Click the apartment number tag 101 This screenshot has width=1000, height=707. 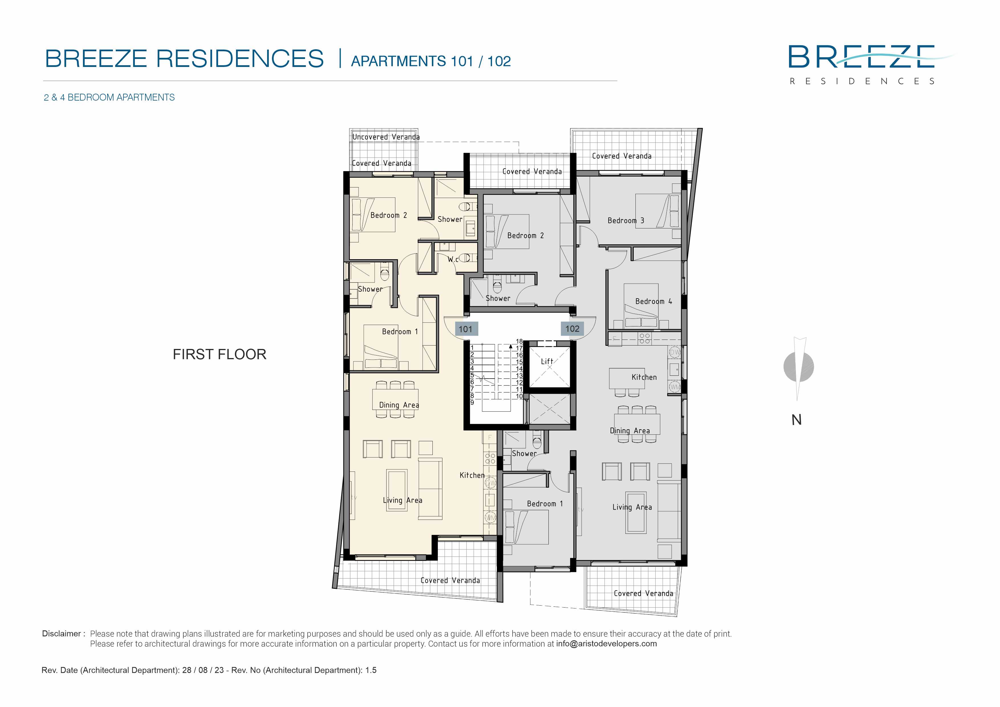pos(466,329)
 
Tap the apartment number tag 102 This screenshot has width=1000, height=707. pos(572,329)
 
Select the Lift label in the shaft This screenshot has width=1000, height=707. pos(547,361)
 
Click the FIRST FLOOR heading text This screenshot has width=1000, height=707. pos(219,354)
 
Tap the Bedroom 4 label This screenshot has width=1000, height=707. pos(653,301)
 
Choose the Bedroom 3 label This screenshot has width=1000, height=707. pos(626,221)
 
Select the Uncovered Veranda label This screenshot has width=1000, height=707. pos(386,137)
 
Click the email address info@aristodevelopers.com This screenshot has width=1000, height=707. pos(606,644)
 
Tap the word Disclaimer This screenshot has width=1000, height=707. pos(61,634)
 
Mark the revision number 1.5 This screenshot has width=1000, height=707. pos(371,671)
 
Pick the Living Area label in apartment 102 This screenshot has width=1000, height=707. pos(632,507)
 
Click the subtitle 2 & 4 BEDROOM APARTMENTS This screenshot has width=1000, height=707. pos(109,97)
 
